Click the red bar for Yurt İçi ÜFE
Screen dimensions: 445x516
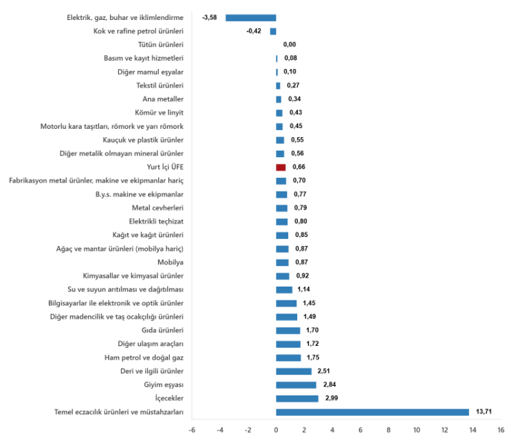point(281,167)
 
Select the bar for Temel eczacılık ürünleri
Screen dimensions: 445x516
point(372,412)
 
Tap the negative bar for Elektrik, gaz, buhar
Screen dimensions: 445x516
point(251,17)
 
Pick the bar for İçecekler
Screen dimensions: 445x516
point(297,398)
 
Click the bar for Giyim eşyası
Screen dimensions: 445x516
point(296,385)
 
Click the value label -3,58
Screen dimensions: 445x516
point(210,17)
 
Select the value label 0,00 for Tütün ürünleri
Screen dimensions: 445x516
point(290,45)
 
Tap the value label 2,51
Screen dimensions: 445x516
point(323,371)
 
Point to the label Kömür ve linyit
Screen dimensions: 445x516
point(160,112)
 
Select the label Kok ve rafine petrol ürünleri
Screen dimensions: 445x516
point(138,31)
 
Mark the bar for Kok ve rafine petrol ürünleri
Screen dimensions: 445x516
point(273,31)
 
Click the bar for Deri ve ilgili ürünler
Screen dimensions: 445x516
point(294,371)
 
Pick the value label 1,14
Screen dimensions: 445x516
point(305,289)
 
